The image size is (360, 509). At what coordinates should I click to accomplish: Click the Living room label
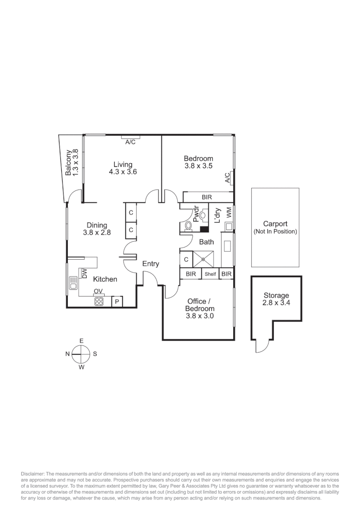(123, 164)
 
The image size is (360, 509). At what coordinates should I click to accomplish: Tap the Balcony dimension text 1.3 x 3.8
(75, 163)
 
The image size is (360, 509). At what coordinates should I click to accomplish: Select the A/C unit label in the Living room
(131, 142)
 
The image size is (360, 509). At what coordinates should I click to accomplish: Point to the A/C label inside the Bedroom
(228, 177)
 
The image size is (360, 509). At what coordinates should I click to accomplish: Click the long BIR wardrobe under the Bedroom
(206, 197)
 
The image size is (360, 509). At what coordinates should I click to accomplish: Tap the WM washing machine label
(229, 212)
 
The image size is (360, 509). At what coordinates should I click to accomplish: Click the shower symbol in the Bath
(204, 260)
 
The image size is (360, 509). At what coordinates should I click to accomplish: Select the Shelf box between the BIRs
(210, 274)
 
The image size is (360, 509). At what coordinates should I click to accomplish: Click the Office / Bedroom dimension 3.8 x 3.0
(200, 316)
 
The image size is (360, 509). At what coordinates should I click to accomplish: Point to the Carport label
(275, 224)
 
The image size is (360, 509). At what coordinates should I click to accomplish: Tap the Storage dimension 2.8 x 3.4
(276, 303)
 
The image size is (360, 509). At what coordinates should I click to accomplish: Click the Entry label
(151, 264)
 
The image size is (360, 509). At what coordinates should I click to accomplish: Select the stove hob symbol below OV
(99, 302)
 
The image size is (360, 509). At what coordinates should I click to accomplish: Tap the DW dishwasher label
(85, 273)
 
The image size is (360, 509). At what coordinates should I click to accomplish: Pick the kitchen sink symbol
(73, 283)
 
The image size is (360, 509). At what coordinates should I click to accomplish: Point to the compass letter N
(68, 353)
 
